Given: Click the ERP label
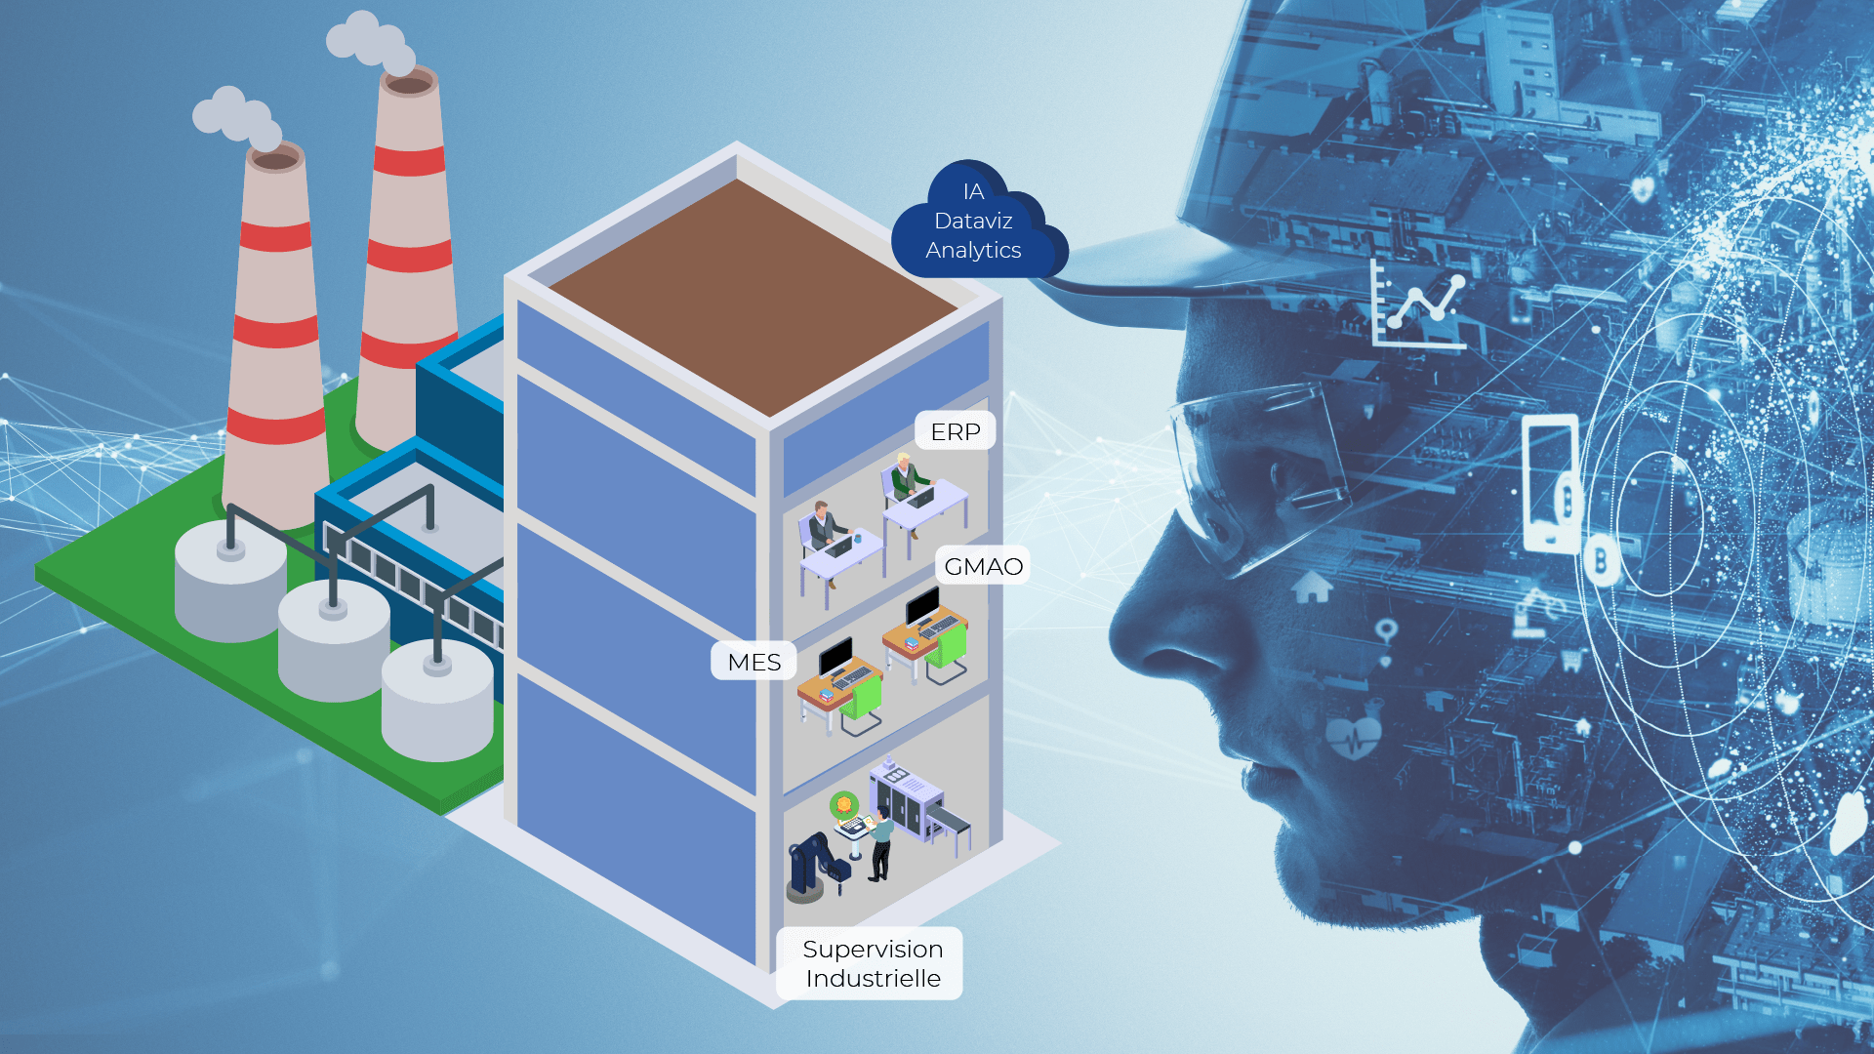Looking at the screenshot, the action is pyautogui.click(x=955, y=431).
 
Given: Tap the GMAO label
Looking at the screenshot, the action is pyautogui.click(x=983, y=566).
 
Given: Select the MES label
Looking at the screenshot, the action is pyautogui.click(x=754, y=662).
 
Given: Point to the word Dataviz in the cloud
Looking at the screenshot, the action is pyautogui.click(x=973, y=221).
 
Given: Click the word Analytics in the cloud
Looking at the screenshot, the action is pyautogui.click(x=973, y=250).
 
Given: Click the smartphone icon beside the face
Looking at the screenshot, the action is pyautogui.click(x=1551, y=484).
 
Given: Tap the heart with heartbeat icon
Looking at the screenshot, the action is pyautogui.click(x=1354, y=738).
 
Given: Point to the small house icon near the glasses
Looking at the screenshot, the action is pyautogui.click(x=1312, y=587).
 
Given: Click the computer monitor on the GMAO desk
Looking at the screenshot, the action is pyautogui.click(x=922, y=606).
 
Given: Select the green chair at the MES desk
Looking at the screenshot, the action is pyautogui.click(x=861, y=702).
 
